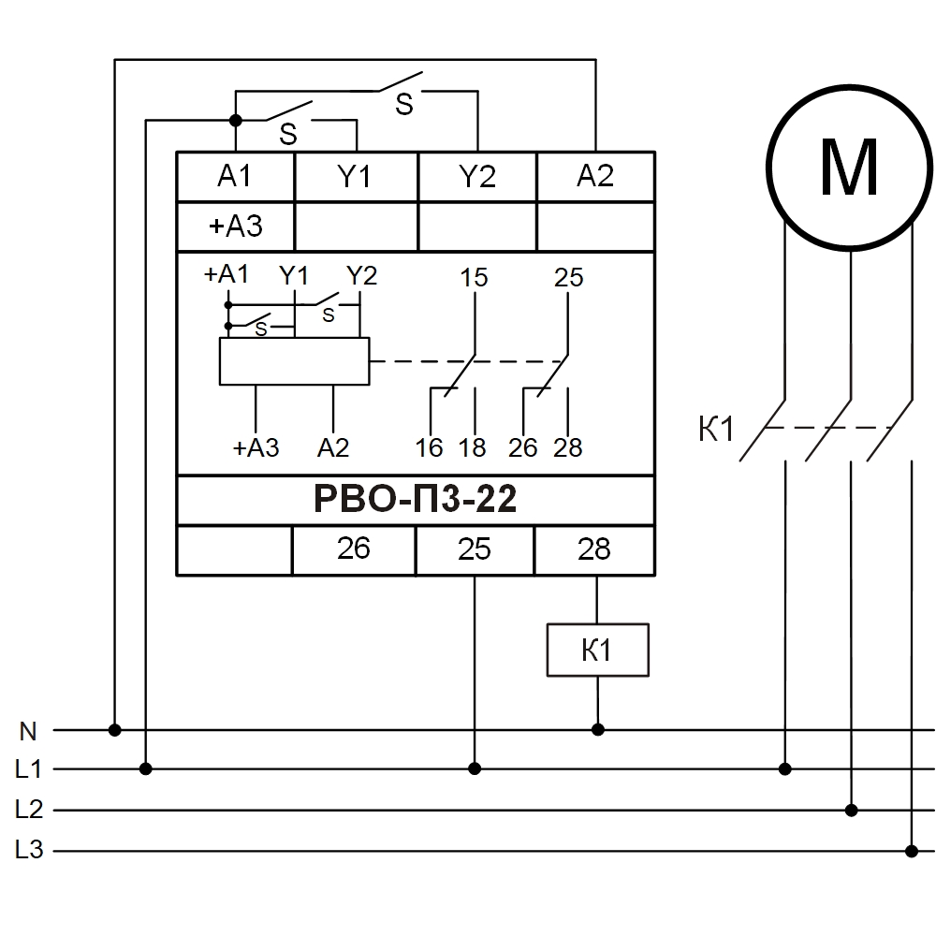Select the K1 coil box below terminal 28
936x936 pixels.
(597, 650)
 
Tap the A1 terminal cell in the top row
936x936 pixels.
(235, 176)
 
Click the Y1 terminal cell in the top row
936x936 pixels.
(356, 176)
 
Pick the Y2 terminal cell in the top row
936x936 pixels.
(476, 176)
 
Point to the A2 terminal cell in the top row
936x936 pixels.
(595, 176)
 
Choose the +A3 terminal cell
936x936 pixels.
(235, 227)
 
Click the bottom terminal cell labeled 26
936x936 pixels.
(354, 549)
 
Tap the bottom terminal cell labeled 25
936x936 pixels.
(475, 549)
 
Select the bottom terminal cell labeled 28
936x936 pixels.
(594, 549)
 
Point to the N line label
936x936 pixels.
(28, 730)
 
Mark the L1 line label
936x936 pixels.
(28, 770)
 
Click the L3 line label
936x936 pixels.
(28, 851)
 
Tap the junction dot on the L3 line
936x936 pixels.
(912, 851)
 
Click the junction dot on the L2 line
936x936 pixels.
(851, 810)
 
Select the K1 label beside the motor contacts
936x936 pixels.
(717, 431)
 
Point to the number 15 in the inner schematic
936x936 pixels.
(475, 278)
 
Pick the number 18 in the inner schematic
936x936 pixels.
(473, 447)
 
